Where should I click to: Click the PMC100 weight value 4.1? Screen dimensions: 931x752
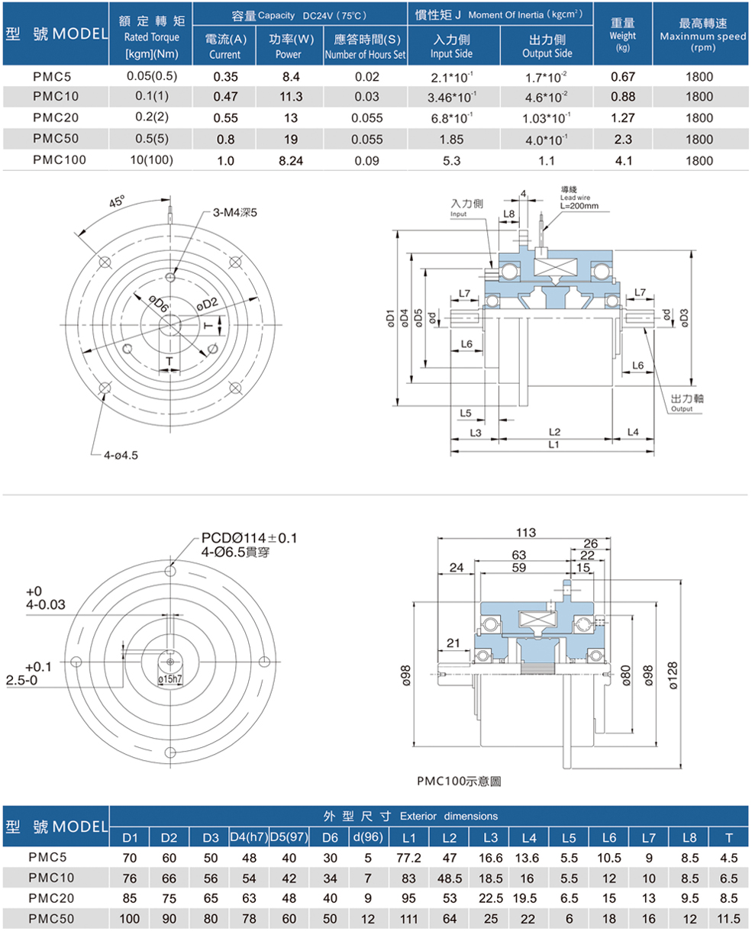[x=623, y=161]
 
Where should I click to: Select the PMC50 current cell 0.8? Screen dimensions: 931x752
[x=224, y=140]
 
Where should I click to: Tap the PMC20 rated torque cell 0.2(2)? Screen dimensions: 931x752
[x=150, y=118]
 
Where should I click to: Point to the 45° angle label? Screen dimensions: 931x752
[x=118, y=202]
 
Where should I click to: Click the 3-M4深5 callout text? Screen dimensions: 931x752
[x=234, y=212]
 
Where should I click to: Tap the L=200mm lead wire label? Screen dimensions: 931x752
[x=579, y=205]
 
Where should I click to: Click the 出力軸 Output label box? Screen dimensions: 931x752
[x=682, y=403]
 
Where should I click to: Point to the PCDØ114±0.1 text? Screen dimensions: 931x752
[x=250, y=539]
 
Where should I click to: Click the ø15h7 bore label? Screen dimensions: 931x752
[x=169, y=678]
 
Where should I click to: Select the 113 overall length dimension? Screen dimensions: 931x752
[x=526, y=532]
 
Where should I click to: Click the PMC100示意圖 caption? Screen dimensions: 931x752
[x=459, y=781]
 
